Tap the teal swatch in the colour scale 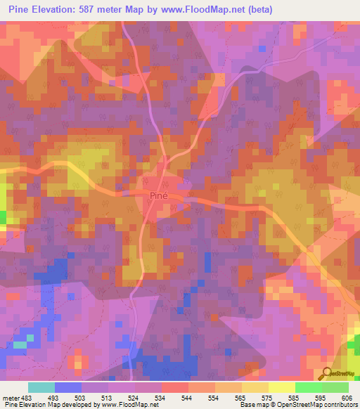[x=41, y=387]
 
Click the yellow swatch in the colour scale [x=281, y=387]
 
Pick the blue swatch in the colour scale [x=67, y=387]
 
